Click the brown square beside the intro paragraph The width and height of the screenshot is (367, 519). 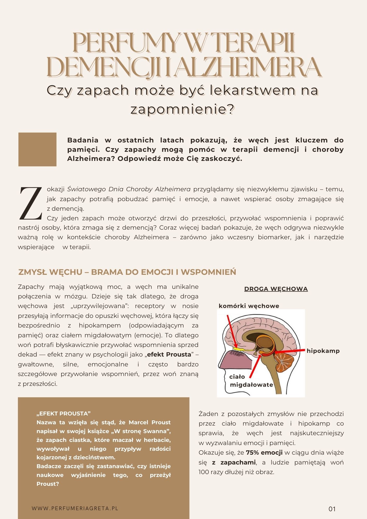(x=37, y=149)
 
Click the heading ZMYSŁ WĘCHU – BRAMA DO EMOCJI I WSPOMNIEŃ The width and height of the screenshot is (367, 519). (x=127, y=272)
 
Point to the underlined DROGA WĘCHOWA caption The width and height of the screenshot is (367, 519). (x=276, y=289)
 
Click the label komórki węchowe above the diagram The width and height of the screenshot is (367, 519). (x=249, y=306)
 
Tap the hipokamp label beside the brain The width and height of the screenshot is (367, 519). (x=323, y=351)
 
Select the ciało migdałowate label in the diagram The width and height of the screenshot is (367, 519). (x=251, y=381)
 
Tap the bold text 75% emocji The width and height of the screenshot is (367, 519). (x=264, y=453)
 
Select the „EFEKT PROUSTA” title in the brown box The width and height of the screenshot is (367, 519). (x=64, y=413)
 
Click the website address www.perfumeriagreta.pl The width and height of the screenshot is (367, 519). (x=75, y=508)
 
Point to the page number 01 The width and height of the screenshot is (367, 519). (x=332, y=509)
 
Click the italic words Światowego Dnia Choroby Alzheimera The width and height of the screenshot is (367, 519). (x=129, y=189)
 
